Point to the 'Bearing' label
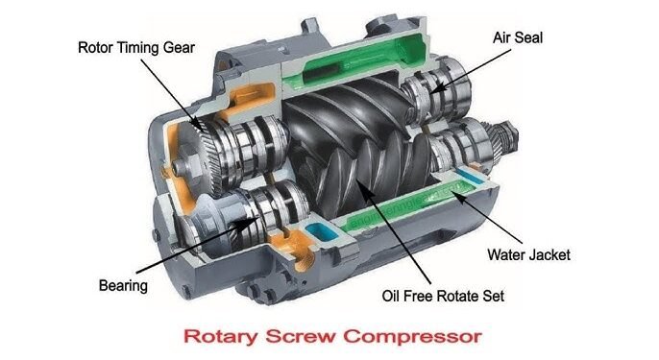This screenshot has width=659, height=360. [x=124, y=285]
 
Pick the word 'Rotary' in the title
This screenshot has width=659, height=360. [x=216, y=338]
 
